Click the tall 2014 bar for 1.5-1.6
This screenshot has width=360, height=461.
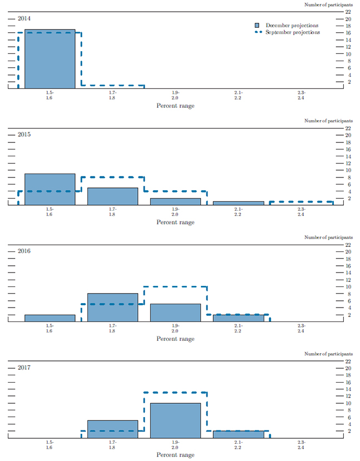point(50,58)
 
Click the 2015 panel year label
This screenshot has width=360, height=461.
point(24,135)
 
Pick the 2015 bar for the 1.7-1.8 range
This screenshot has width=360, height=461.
point(112,196)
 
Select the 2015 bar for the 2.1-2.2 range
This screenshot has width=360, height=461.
point(238,203)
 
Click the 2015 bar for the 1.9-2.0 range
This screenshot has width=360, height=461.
point(175,201)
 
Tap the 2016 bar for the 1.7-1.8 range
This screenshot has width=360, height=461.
point(112,308)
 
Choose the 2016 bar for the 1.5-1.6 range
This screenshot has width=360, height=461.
point(50,318)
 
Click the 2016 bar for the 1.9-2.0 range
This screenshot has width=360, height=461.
point(175,313)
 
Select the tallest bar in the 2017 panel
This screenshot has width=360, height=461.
point(175,420)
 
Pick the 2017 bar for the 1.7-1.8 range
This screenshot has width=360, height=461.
point(112,429)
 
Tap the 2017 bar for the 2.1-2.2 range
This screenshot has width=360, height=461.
point(238,434)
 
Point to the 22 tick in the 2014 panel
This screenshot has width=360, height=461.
point(348,12)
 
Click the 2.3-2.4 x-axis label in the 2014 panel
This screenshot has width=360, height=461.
point(301,95)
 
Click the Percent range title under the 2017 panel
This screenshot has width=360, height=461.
point(175,455)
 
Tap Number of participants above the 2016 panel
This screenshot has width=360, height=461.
point(328,237)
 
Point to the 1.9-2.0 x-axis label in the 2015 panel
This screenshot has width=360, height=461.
point(175,212)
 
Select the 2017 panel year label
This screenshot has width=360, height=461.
point(24,368)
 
